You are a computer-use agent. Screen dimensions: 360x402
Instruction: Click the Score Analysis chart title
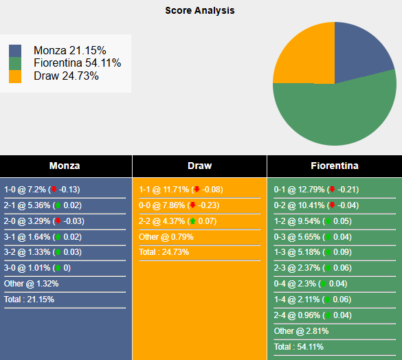pyautogui.click(x=200, y=11)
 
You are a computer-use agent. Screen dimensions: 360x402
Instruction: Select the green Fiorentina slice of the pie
pyautogui.click(x=330, y=113)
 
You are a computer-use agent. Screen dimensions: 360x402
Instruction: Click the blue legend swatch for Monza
pyautogui.click(x=15, y=51)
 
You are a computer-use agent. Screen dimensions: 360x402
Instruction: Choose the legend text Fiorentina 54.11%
pyautogui.click(x=78, y=63)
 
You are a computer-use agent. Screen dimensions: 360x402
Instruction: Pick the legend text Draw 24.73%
pyautogui.click(x=66, y=76)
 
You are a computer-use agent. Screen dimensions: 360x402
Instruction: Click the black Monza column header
pyautogui.click(x=65, y=166)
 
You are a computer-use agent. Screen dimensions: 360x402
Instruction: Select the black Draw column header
pyautogui.click(x=199, y=166)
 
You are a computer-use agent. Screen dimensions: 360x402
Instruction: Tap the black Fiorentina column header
pyautogui.click(x=334, y=166)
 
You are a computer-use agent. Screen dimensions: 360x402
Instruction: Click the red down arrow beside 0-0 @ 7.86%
pyautogui.click(x=193, y=205)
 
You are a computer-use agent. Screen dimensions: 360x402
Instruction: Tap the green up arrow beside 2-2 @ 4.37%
pyautogui.click(x=193, y=221)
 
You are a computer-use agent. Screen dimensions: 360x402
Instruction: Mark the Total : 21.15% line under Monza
pyautogui.click(x=30, y=300)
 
